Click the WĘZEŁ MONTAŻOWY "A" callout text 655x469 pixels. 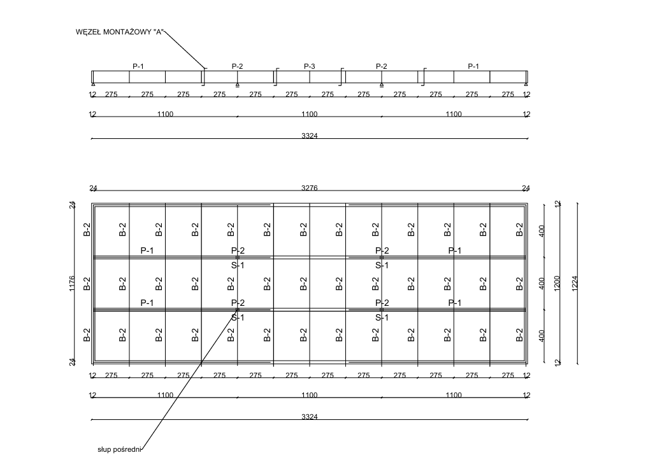[120, 32]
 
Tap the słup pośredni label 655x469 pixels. [120, 450]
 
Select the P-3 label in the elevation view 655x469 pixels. [310, 66]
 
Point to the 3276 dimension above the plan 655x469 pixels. [310, 188]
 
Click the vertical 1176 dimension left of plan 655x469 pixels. [72, 284]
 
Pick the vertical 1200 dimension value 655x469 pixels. [557, 284]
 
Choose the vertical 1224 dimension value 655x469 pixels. [575, 284]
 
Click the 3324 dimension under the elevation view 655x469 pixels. [310, 136]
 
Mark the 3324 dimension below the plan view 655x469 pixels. [310, 417]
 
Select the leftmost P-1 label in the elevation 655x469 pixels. [138, 66]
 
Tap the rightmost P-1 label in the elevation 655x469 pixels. [473, 66]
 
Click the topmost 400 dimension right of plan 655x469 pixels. [542, 231]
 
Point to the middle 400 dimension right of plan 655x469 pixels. [542, 284]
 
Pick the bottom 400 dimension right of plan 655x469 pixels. [542, 336]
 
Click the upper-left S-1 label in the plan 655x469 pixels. [238, 265]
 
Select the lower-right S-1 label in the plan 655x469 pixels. [382, 318]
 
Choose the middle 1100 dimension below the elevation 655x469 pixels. [310, 114]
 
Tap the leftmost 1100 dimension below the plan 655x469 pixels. [166, 395]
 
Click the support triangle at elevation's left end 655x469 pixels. [93, 84]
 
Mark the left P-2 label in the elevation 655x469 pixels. [237, 66]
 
